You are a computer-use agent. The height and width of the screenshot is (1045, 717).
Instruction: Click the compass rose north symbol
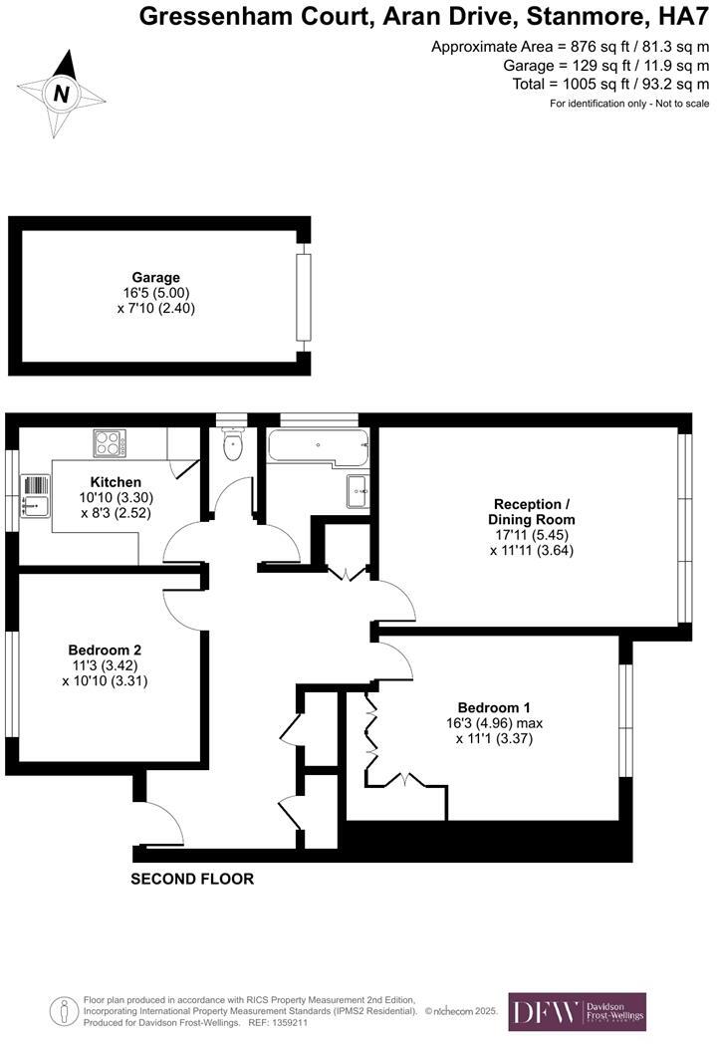62,95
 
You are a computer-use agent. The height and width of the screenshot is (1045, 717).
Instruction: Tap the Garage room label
155,278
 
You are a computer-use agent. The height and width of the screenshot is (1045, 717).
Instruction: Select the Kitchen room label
116,482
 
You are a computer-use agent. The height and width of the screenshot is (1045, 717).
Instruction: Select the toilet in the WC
233,447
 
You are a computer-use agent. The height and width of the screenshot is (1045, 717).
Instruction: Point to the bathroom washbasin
358,491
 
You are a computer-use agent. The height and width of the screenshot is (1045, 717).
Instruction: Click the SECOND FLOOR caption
192,879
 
